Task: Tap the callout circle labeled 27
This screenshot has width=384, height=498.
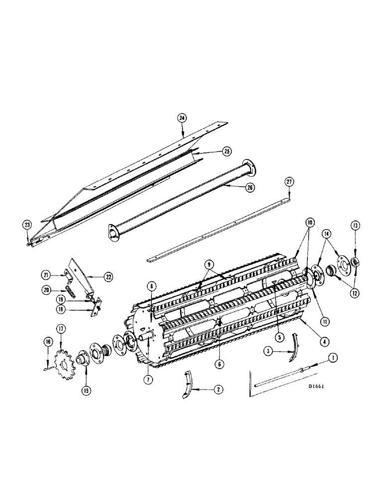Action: pyautogui.click(x=289, y=182)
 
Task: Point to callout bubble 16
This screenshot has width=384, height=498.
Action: pyautogui.click(x=48, y=341)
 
